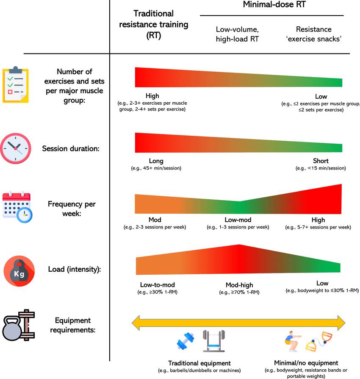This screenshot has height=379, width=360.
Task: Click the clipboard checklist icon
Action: pyautogui.click(x=16, y=84)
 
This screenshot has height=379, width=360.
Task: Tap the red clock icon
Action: pyautogui.click(x=16, y=148)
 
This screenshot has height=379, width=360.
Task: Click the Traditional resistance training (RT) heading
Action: pyautogui.click(x=153, y=25)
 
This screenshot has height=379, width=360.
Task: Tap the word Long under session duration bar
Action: pyautogui.click(x=156, y=161)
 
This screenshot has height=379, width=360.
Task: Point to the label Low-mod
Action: pyautogui.click(x=238, y=220)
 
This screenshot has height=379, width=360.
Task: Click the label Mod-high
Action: pyautogui.click(x=239, y=285)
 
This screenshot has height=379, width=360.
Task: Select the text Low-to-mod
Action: pyautogui.click(x=157, y=284)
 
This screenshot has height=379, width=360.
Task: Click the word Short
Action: pyautogui.click(x=321, y=161)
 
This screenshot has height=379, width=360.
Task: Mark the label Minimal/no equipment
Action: pyautogui.click(x=312, y=363)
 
